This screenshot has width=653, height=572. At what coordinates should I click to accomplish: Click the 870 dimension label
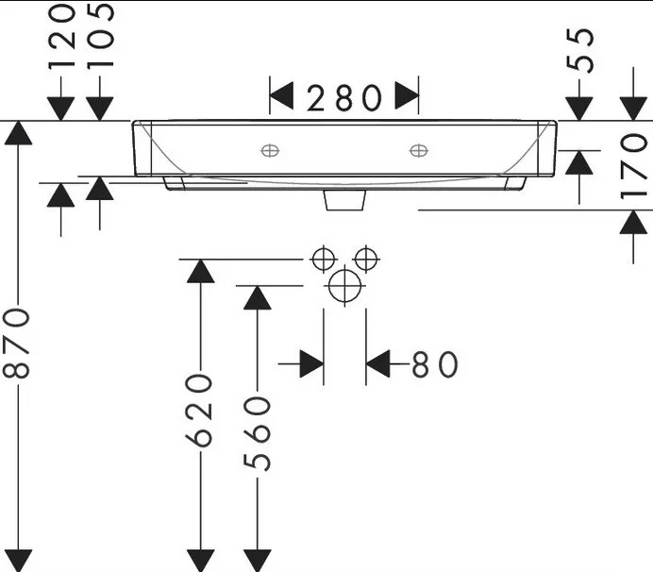(x=17, y=344)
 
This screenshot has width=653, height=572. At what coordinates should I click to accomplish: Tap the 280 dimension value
(x=344, y=98)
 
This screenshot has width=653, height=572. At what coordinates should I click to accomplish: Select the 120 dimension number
(x=62, y=36)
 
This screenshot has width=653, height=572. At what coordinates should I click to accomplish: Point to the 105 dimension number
(x=100, y=35)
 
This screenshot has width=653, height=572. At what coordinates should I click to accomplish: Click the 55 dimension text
(x=579, y=50)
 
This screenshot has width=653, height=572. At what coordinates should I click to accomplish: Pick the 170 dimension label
(x=633, y=166)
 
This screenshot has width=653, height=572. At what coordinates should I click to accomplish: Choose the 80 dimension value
(x=434, y=364)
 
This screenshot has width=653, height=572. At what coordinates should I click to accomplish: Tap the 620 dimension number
(x=200, y=410)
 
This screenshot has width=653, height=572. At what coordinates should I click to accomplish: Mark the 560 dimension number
(x=257, y=433)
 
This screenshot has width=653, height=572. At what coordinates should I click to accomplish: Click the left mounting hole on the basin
(x=270, y=150)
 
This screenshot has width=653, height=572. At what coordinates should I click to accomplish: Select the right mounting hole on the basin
(x=418, y=150)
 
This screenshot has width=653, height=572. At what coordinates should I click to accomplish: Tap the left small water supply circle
(x=323, y=260)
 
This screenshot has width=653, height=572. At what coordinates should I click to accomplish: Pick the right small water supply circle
(x=365, y=260)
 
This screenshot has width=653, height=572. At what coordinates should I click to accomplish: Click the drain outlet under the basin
(x=344, y=200)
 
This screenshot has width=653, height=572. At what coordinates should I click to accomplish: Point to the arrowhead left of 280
(x=282, y=96)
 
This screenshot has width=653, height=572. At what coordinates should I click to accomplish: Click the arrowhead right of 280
(x=407, y=96)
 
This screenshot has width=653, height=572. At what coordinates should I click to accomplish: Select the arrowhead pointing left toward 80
(x=377, y=363)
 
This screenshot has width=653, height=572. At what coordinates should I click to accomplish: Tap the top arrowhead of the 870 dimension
(x=18, y=133)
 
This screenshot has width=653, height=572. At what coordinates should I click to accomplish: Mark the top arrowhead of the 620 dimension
(x=201, y=271)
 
